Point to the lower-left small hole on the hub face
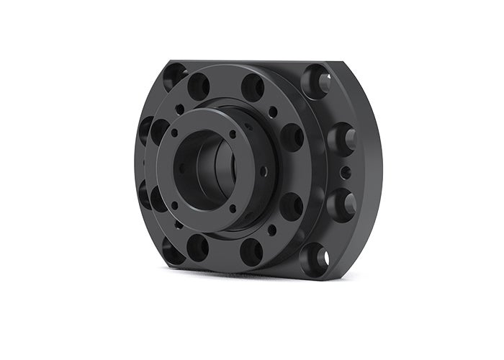(174, 205)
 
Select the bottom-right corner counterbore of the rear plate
(315, 256)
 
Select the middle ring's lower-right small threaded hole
(272, 230)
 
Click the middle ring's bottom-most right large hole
(251, 250)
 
